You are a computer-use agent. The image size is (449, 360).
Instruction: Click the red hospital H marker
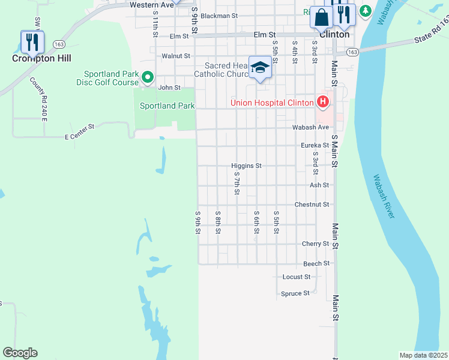pyautogui.click(x=323, y=102)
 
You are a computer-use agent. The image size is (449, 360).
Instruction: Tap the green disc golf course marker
pyautogui.click(x=146, y=77)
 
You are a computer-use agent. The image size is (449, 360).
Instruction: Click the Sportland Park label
pyautogui.click(x=167, y=106)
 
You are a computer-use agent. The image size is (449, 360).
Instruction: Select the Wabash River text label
pyautogui.click(x=383, y=196)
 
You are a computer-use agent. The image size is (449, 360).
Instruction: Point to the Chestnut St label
pyautogui.click(x=312, y=205)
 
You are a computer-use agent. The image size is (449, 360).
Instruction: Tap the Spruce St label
pyautogui.click(x=295, y=293)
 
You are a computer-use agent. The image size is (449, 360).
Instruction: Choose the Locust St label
pyautogui.click(x=296, y=277)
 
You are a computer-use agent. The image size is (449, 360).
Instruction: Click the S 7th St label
pyautogui.click(x=237, y=185)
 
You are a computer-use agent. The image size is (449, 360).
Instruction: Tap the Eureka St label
pyautogui.click(x=315, y=145)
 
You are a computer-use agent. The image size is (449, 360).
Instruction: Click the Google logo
pyautogui.click(x=20, y=353)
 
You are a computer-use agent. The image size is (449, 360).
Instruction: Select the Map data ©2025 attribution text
pyautogui.click(x=423, y=355)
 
